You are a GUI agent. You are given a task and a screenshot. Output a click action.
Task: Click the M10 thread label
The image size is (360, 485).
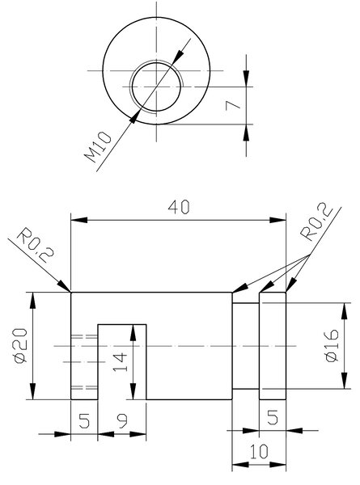pyautogui.click(x=98, y=147)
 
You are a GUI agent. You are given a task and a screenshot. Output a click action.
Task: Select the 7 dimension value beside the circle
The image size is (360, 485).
pyautogui.click(x=233, y=105)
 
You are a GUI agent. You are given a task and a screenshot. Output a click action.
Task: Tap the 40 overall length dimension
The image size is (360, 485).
pyautogui.click(x=179, y=207)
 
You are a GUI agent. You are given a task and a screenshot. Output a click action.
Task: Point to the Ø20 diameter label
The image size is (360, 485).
pyautogui.click(x=20, y=345)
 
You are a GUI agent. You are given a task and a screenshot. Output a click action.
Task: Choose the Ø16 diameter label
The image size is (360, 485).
pyautogui.click(x=332, y=345)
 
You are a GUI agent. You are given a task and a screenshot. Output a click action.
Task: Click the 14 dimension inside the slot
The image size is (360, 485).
pyautogui.click(x=120, y=362)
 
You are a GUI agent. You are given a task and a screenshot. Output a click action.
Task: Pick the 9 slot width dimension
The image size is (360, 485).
pyautogui.click(x=123, y=421)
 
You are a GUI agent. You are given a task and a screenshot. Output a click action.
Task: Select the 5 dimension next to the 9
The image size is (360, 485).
pyautogui.click(x=84, y=421)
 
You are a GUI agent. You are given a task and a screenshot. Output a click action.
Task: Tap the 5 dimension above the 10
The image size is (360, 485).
pyautogui.click(x=273, y=417)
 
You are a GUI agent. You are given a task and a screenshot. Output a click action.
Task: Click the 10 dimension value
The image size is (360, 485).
pyautogui.click(x=259, y=452)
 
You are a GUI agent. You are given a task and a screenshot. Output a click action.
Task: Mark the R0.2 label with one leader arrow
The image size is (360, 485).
pyautogui.click(x=35, y=246)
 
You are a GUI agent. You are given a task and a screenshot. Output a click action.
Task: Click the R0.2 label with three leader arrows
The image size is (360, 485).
pyautogui.click(x=316, y=221)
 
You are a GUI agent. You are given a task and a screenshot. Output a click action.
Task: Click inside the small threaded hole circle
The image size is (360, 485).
pyautogui.click(x=156, y=86)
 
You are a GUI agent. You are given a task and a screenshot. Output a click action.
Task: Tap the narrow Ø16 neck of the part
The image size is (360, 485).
pyautogui.click(x=245, y=346)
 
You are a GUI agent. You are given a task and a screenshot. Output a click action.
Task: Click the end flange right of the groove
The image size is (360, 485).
pyautogui.click(x=273, y=346)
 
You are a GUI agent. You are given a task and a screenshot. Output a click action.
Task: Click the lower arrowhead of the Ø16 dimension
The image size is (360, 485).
pyautogui.click(x=344, y=381)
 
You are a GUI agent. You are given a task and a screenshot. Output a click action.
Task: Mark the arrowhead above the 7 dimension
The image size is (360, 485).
pyautogui.click(x=246, y=78)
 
